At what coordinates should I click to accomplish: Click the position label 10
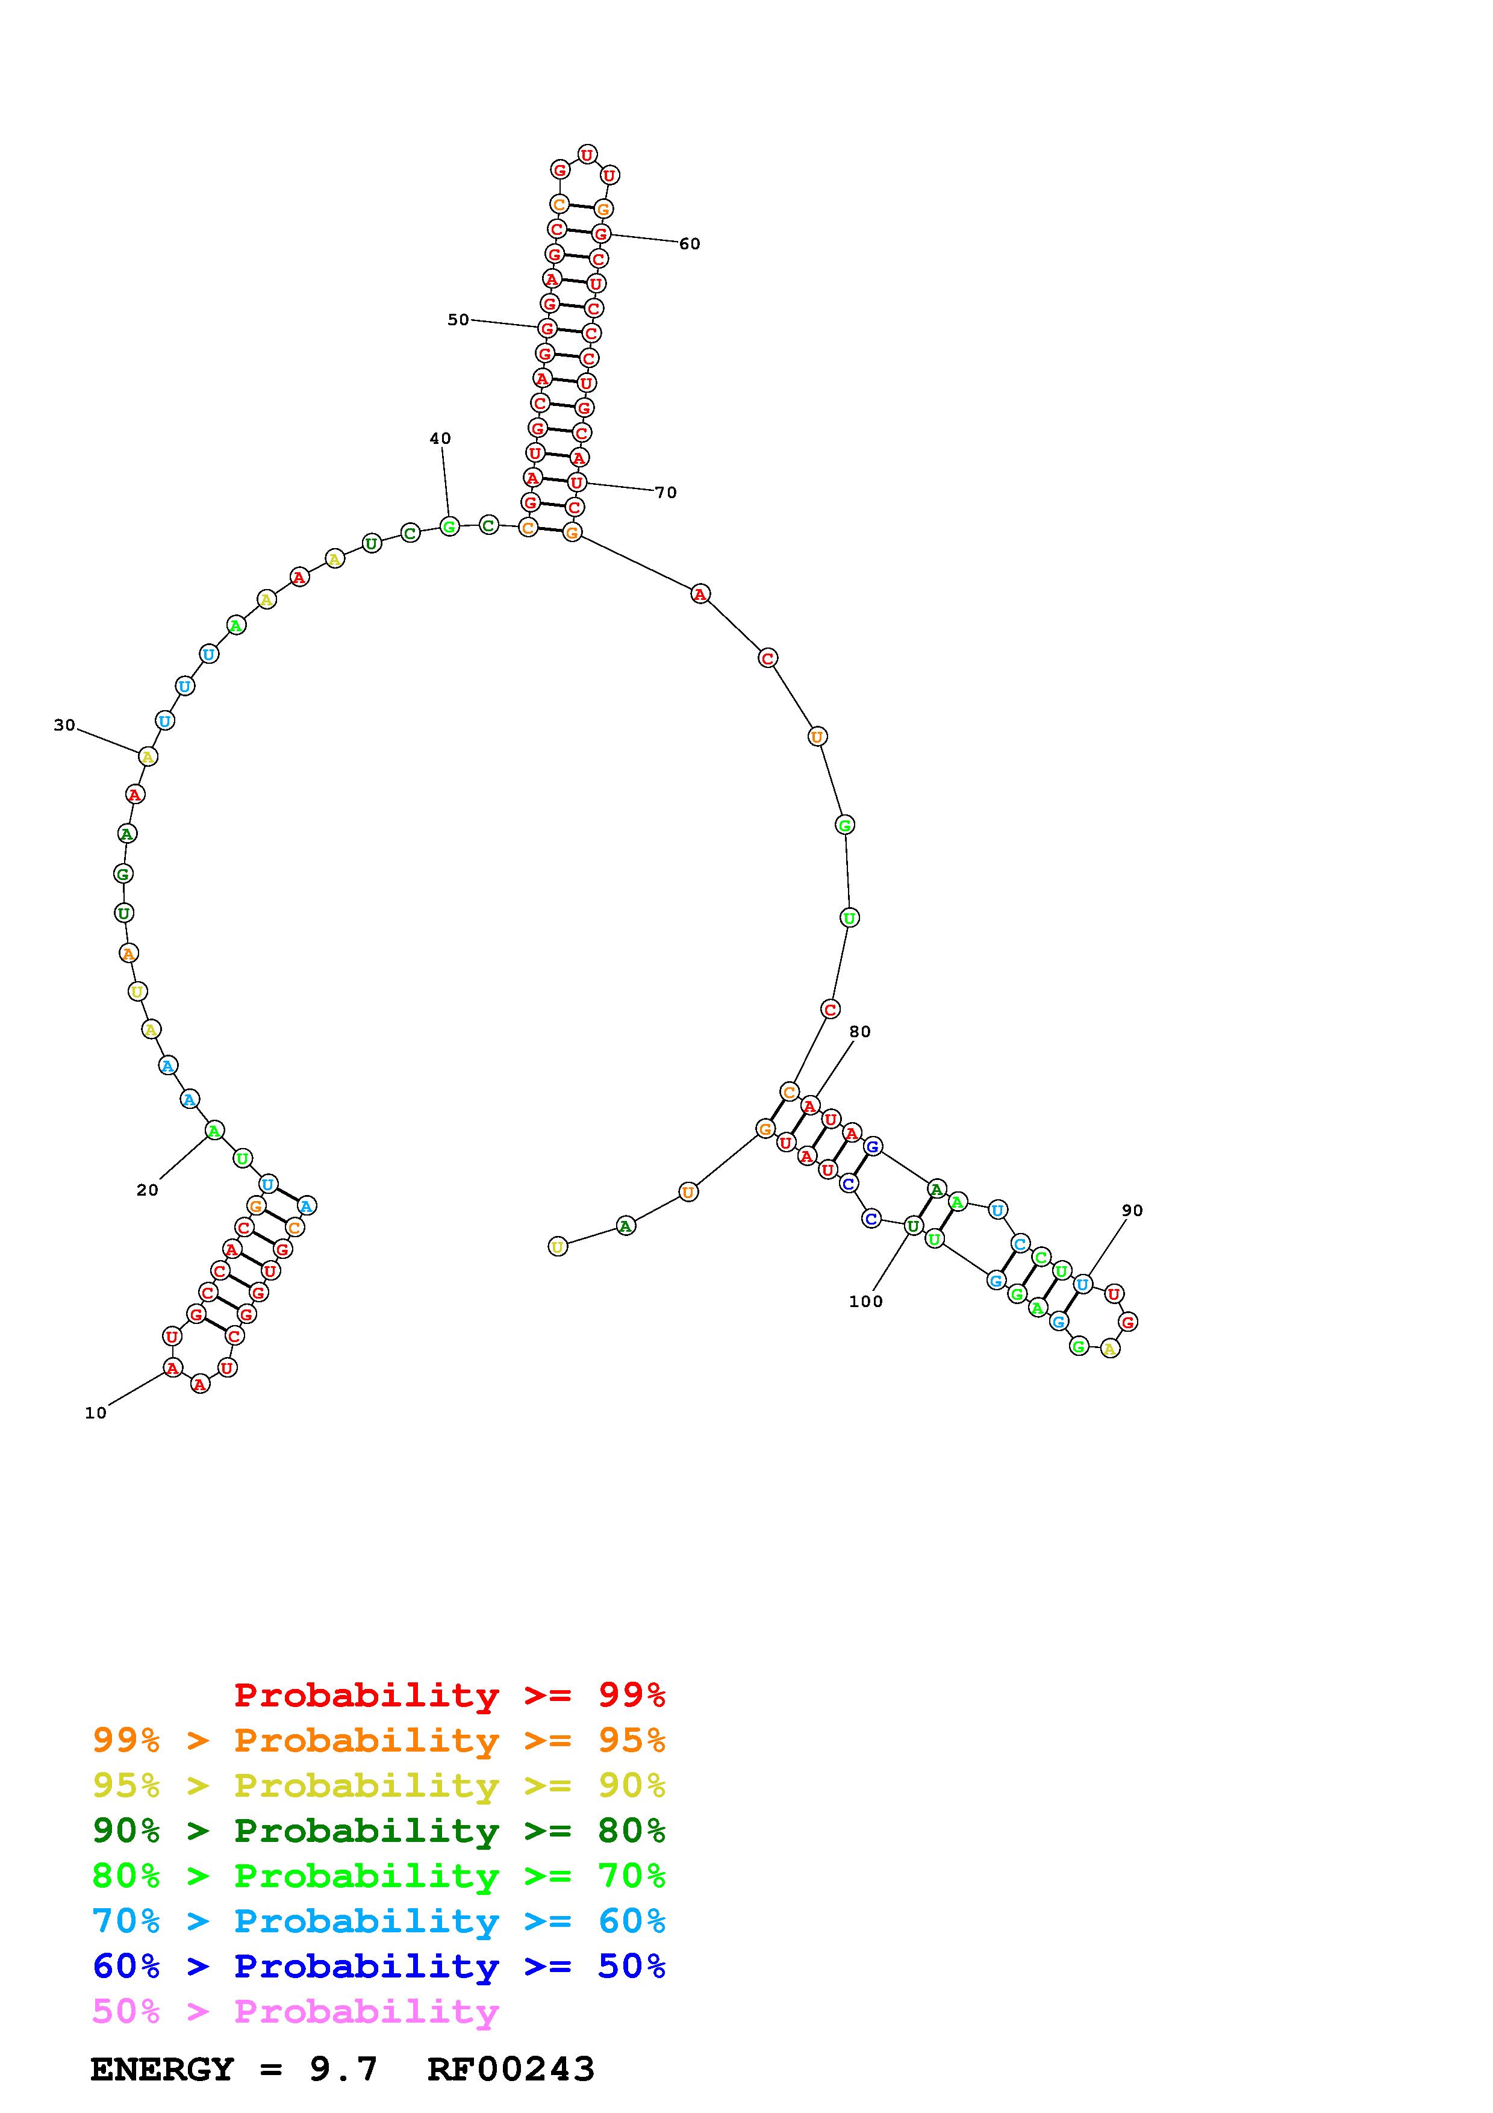(x=96, y=1412)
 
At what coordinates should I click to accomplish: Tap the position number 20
(x=147, y=1190)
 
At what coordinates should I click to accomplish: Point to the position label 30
(x=64, y=725)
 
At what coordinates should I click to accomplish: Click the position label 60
(x=690, y=244)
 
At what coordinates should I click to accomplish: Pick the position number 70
(x=666, y=492)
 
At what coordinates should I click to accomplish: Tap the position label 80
(x=860, y=1032)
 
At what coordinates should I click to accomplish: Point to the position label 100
(x=865, y=1301)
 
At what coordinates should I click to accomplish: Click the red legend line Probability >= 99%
(x=450, y=1695)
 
